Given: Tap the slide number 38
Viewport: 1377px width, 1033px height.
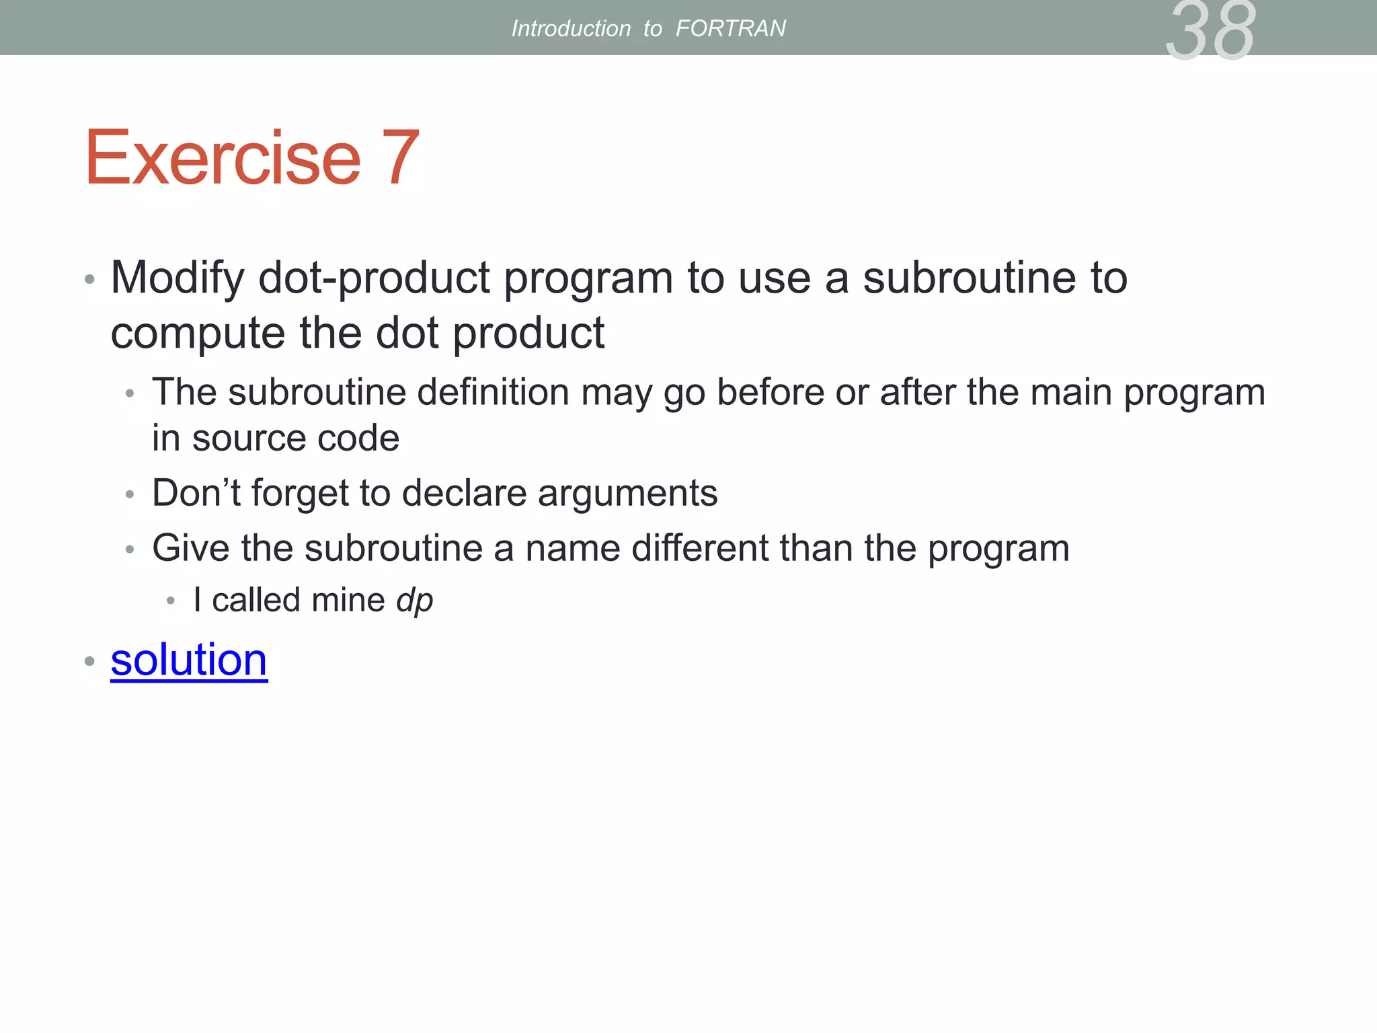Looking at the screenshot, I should [1210, 30].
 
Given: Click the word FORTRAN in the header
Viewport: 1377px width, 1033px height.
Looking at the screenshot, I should [730, 28].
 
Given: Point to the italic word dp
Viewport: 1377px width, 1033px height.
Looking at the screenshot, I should [414, 600].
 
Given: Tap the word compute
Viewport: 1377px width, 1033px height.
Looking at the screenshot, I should [198, 334].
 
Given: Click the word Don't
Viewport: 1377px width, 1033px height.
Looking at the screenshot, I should [196, 492].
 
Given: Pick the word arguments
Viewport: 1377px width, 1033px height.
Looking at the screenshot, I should [627, 494].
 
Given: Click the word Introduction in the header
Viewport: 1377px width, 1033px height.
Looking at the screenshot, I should [571, 28].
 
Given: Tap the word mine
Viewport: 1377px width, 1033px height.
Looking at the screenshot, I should [348, 600].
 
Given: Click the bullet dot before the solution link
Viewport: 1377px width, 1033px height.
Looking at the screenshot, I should [89, 661].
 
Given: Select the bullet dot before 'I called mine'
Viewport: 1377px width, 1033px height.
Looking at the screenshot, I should [171, 601].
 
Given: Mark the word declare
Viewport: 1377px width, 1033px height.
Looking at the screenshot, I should [465, 492].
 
